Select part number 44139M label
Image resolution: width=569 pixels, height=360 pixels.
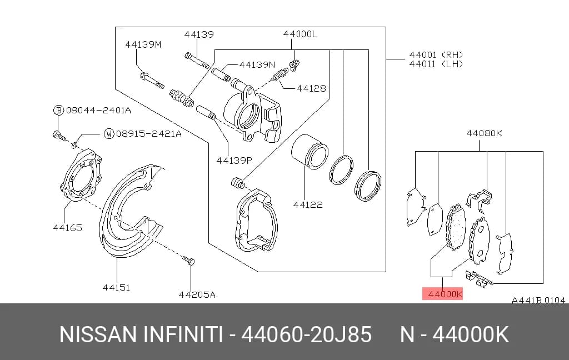[x=143, y=44]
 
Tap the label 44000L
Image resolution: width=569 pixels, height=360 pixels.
[x=300, y=34]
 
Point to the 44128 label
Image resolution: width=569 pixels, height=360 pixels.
[x=311, y=88]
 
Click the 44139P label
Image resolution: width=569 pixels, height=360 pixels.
[x=234, y=160]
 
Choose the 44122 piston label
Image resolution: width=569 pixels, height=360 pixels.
[x=308, y=204]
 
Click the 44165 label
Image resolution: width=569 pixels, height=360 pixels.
[x=67, y=228]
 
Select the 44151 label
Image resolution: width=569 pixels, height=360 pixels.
[x=116, y=287]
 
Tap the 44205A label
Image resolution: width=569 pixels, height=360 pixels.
[x=197, y=294]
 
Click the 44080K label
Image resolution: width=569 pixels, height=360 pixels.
[x=484, y=133]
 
